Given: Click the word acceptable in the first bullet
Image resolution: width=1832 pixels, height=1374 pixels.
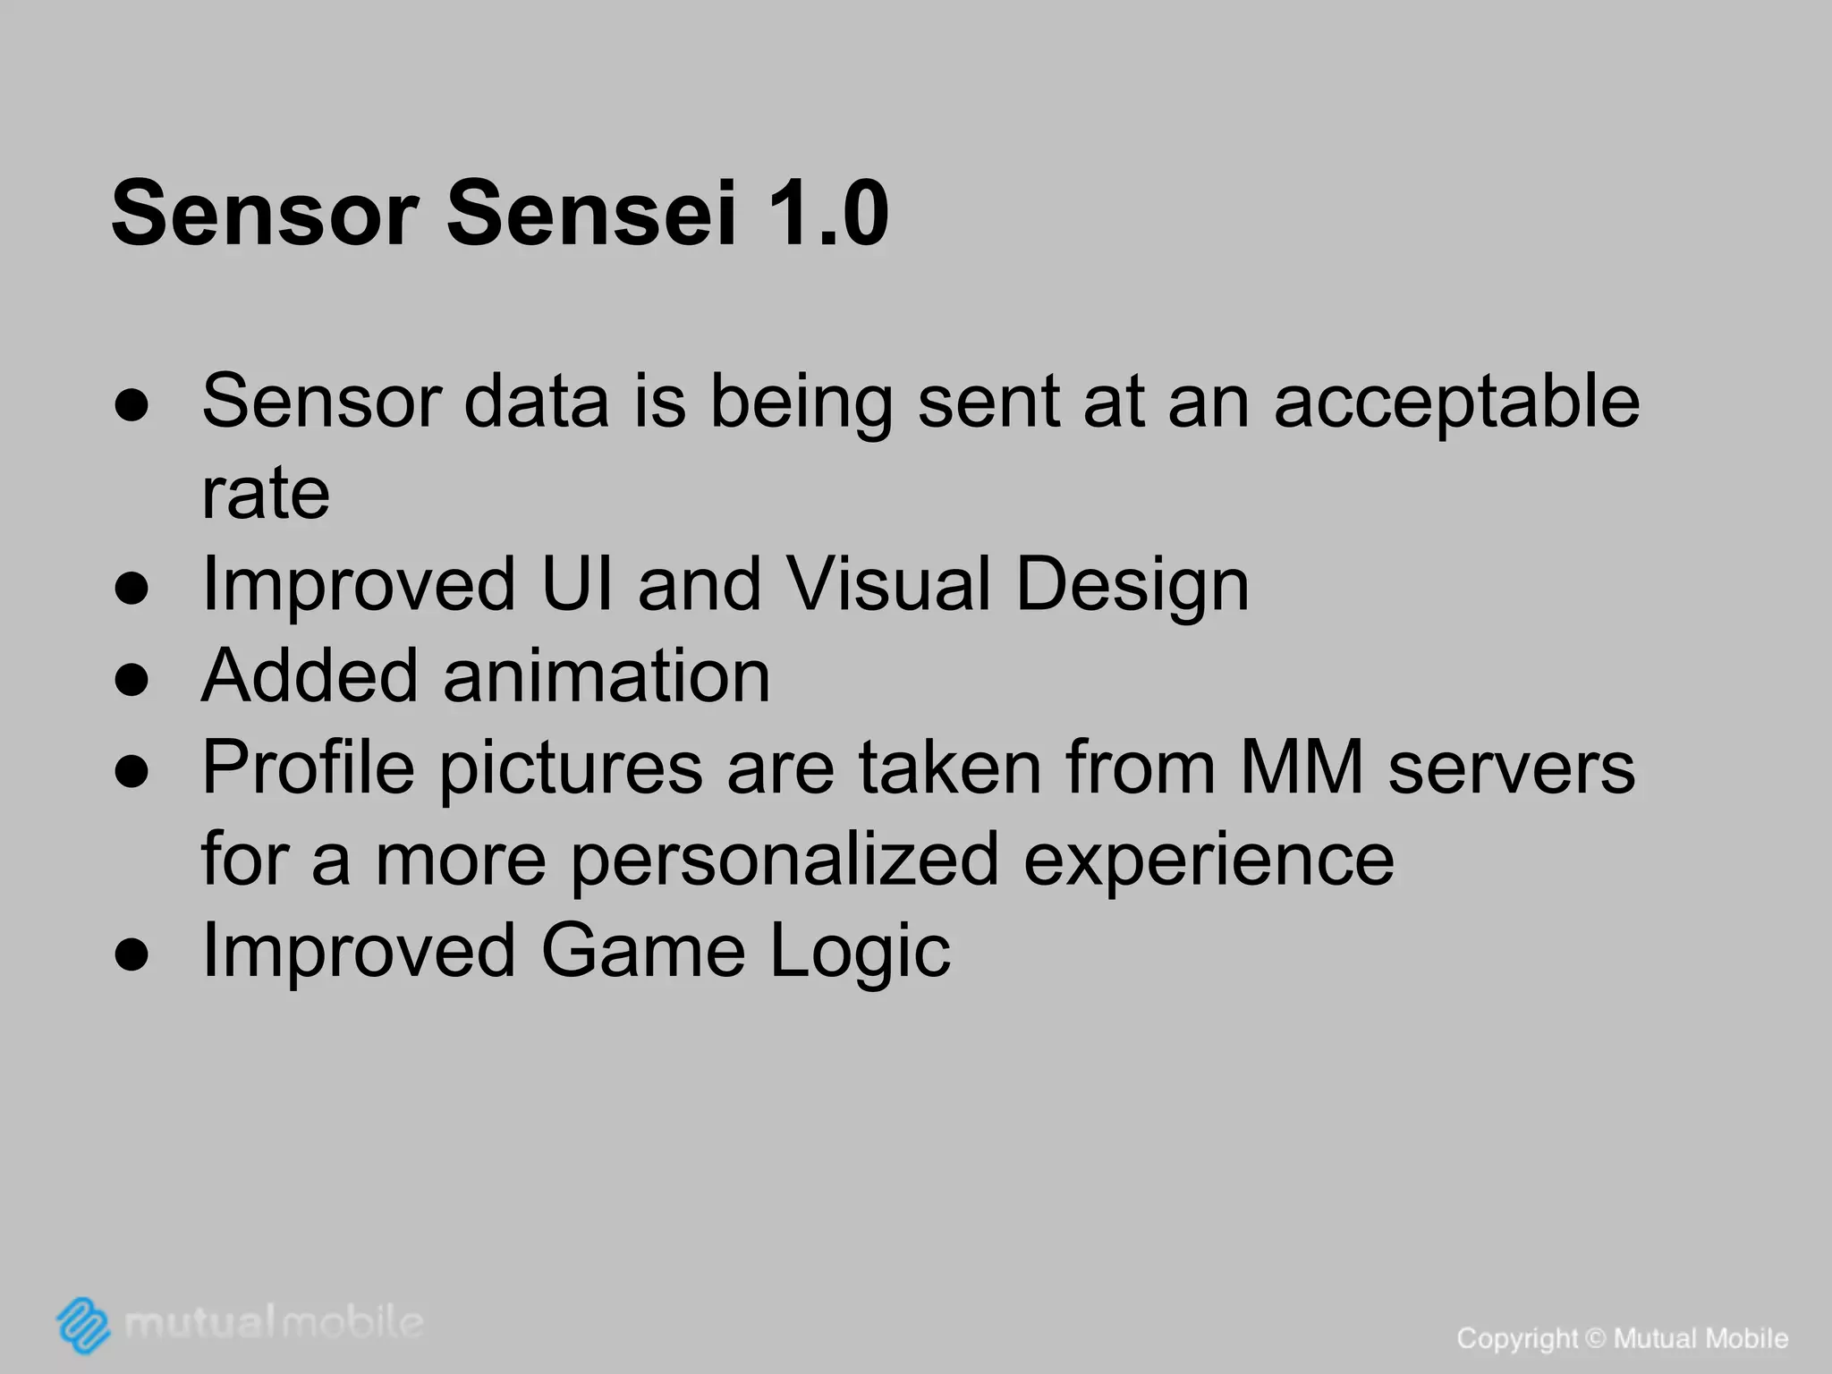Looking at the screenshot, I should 1456,403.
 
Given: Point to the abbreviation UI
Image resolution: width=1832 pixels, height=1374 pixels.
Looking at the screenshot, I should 578,584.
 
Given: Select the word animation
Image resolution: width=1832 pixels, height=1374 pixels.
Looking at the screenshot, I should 606,675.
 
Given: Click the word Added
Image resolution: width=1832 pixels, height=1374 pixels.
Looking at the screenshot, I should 310,675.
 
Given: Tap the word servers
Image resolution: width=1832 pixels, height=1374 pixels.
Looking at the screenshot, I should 1512,769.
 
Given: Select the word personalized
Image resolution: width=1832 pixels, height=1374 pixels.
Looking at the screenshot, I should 785,861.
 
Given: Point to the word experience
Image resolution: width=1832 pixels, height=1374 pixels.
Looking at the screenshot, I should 1209,861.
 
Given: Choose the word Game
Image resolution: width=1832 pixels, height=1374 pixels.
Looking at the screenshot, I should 643,951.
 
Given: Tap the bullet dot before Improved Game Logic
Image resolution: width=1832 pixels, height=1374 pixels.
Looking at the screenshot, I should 131,955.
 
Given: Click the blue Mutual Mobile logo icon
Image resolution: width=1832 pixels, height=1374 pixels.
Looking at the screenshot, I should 83,1324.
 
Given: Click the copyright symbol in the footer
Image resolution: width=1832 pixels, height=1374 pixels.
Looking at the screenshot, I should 1596,1339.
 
